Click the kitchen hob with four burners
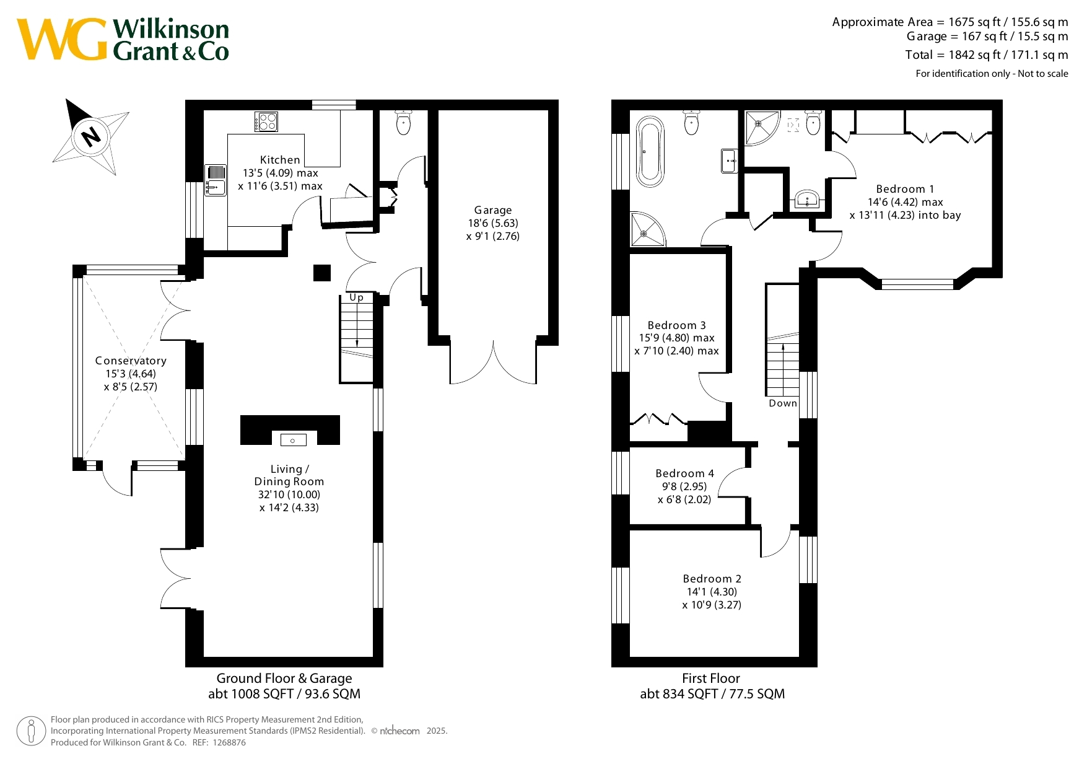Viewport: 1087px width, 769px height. click(266, 121)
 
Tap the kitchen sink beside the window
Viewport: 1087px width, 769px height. click(216, 180)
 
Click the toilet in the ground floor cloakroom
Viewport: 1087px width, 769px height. click(403, 122)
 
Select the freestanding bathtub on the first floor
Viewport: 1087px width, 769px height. click(650, 151)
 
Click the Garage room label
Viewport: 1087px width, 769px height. click(493, 210)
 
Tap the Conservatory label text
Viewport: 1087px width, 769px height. click(131, 361)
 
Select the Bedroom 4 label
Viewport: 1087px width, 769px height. click(684, 473)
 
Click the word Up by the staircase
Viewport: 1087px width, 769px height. click(356, 297)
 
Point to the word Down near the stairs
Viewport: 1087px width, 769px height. click(783, 403)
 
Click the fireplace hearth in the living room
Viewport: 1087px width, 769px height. click(290, 430)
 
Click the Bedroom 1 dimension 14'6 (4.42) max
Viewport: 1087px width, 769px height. click(905, 202)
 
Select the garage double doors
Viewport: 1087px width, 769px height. click(493, 362)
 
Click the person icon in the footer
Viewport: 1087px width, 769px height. click(31, 731)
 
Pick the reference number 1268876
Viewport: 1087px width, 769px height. click(229, 742)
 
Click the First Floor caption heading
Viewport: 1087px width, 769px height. click(711, 679)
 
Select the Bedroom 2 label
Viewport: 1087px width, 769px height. click(712, 579)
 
